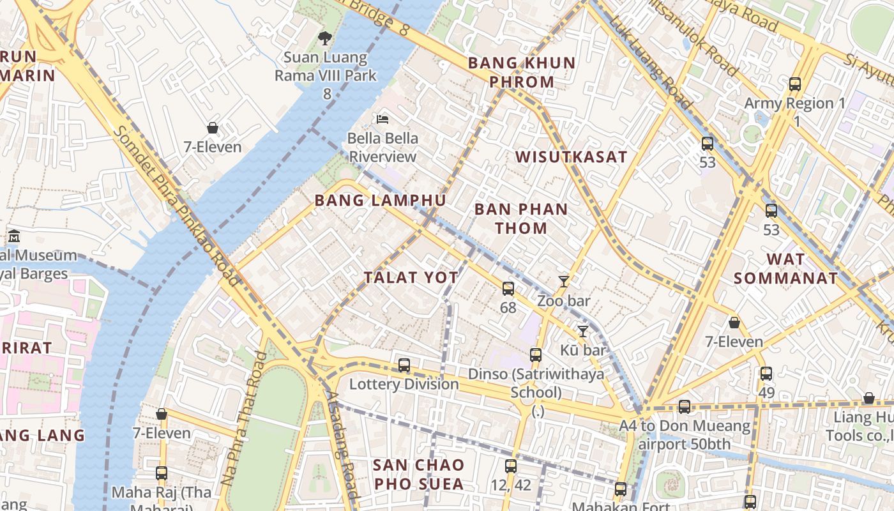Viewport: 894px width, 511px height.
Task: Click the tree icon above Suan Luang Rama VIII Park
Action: coord(325,38)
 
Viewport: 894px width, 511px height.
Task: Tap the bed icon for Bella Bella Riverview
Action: coord(383,119)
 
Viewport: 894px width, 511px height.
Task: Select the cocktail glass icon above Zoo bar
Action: coord(563,281)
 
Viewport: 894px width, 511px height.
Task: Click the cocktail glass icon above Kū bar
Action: coord(582,331)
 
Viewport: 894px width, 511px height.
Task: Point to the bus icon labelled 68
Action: coord(508,289)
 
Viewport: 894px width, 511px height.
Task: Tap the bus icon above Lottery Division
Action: coord(404,365)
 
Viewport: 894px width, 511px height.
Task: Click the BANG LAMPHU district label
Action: coord(380,201)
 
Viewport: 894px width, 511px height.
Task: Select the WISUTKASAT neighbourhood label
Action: coord(571,157)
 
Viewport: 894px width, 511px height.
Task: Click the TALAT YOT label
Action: coord(411,277)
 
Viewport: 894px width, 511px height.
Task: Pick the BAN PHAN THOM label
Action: coord(521,218)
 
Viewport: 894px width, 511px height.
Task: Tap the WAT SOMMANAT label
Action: coord(785,268)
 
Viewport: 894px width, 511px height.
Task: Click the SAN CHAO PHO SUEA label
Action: coord(418,474)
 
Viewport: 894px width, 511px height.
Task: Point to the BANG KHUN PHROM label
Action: coord(521,72)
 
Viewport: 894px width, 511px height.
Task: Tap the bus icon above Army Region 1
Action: coord(795,84)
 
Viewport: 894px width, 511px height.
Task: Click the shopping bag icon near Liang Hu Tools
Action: coord(868,399)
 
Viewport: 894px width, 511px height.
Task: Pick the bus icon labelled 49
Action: coord(766,374)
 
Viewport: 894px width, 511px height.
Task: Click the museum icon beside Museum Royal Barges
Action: coord(14,236)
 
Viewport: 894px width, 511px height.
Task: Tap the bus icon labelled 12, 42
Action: coord(510,466)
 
